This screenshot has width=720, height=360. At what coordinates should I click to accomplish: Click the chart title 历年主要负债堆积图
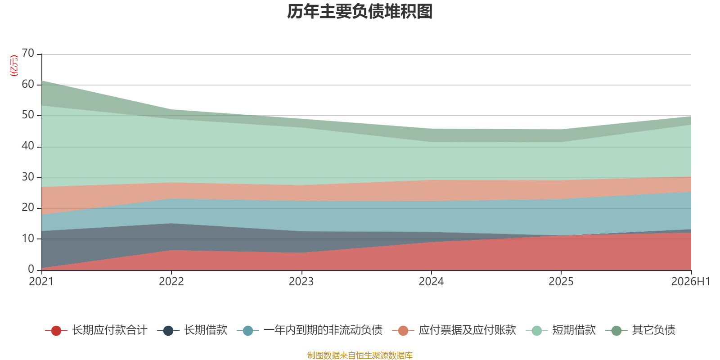pos(360,12)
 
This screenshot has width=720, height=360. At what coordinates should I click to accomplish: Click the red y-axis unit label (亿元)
pos(14,66)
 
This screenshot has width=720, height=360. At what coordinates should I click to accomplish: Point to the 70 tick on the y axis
pos(28,53)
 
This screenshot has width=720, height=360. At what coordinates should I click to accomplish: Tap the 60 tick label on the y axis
pos(28,84)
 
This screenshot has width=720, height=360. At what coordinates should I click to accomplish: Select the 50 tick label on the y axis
pos(28,115)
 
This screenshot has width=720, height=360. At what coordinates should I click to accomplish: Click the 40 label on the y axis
pos(28,146)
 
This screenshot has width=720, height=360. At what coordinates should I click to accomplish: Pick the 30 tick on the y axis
pos(28,177)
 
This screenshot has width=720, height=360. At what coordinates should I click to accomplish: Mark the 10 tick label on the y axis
pos(28,238)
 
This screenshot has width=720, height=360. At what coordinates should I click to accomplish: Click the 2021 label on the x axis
pos(41,282)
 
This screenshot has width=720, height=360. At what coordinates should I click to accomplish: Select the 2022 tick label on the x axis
pos(171,282)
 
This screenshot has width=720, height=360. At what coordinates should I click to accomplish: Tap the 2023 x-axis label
pos(301,282)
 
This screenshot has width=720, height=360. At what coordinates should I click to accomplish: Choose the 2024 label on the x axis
pos(431,282)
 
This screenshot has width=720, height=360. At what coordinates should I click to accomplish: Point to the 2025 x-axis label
pos(561,282)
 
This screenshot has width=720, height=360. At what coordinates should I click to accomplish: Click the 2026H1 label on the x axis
pos(691,282)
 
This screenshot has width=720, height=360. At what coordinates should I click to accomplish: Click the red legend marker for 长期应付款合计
pos(56,330)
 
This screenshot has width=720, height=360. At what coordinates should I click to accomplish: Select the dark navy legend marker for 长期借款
pos(168,330)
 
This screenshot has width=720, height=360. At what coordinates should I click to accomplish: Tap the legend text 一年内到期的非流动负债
pos(323,330)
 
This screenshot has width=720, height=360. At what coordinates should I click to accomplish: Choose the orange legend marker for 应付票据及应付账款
pos(403,330)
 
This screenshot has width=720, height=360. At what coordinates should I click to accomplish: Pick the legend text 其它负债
pos(653,330)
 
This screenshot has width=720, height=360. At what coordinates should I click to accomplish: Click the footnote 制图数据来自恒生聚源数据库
pos(360,355)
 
